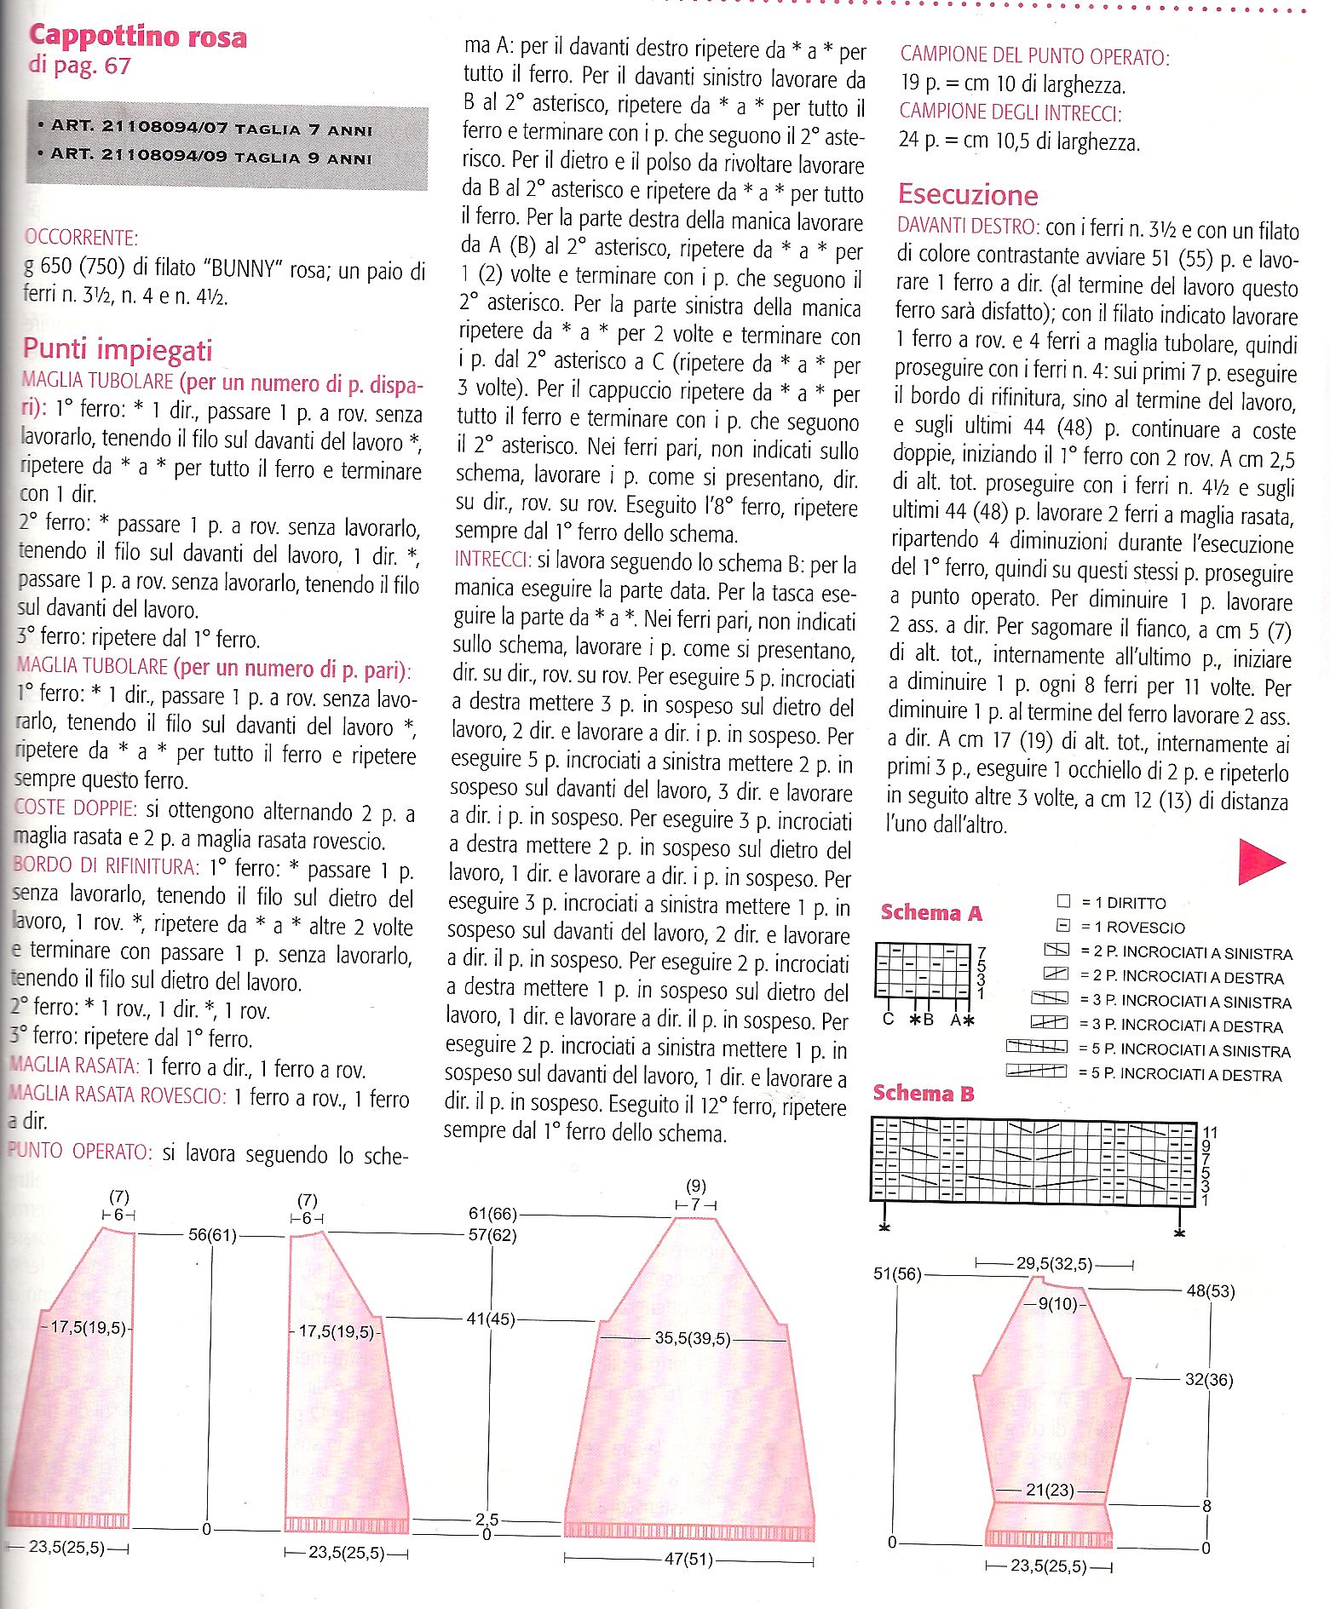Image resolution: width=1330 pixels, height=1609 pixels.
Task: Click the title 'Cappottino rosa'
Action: (x=138, y=37)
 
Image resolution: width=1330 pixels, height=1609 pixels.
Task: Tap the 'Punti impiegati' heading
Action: (x=118, y=349)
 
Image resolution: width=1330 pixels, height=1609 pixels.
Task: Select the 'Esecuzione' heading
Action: (x=968, y=195)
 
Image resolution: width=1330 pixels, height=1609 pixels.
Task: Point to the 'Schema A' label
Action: (x=931, y=913)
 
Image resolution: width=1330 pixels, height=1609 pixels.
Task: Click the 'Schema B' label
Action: (x=924, y=1094)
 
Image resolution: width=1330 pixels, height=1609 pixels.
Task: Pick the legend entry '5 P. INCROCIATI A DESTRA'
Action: (x=1179, y=1075)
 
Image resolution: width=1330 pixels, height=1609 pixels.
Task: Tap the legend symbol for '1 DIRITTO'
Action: (x=1062, y=901)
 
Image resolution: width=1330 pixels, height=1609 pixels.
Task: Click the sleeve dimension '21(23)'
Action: (x=1050, y=1490)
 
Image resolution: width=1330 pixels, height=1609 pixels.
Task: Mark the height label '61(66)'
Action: (x=492, y=1213)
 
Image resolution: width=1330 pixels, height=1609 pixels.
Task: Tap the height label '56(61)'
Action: (x=211, y=1234)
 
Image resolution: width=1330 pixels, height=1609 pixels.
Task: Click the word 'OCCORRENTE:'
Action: (x=82, y=238)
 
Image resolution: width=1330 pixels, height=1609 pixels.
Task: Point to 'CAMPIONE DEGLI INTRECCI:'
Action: (x=1010, y=112)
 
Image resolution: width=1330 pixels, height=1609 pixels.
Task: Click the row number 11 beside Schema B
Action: (x=1210, y=1132)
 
